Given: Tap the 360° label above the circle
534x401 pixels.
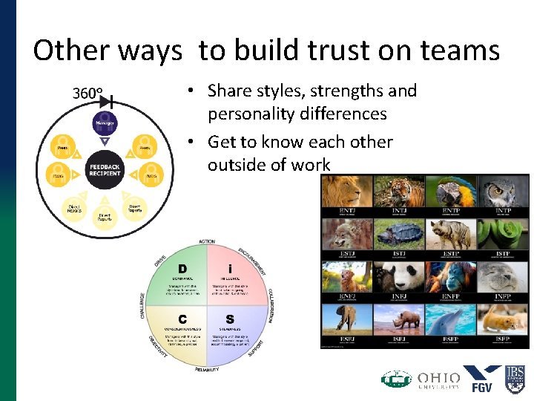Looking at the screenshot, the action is (87, 94).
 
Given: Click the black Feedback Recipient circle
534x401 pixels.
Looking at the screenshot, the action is (105, 170).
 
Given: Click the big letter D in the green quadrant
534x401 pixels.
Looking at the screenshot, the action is (182, 268).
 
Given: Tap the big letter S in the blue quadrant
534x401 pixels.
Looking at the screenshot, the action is (230, 320).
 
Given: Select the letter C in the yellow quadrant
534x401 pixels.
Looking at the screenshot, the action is (182, 320).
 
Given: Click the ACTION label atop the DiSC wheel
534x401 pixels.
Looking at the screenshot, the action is (207, 242).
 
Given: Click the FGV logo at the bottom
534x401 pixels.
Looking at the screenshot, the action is (482, 378).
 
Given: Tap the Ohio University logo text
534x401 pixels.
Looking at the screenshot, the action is (438, 379).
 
